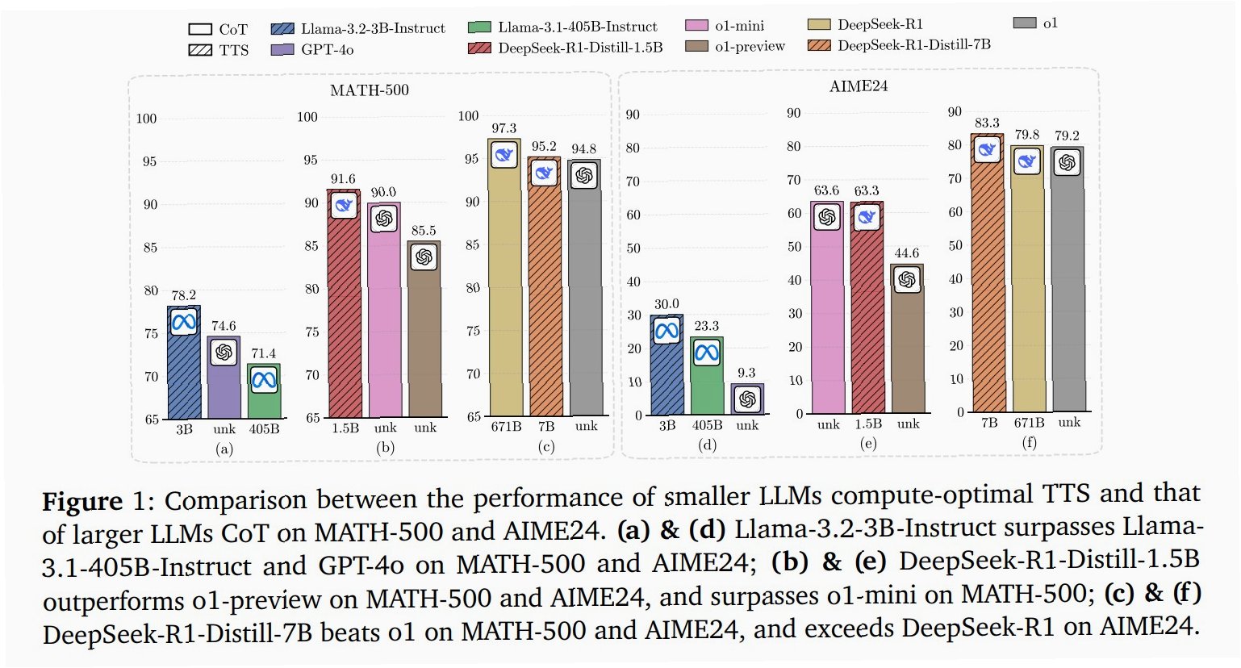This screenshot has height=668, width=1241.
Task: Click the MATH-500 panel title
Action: pos(370,90)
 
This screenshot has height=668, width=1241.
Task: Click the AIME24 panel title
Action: pos(859,86)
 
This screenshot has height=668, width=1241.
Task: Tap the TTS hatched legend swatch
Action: pos(200,50)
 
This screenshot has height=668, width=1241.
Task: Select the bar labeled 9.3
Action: pos(747,400)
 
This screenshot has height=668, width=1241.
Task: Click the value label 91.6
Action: pos(343,179)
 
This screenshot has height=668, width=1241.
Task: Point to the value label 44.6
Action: pos(906,253)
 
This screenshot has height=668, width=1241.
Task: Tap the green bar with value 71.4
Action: pos(264,395)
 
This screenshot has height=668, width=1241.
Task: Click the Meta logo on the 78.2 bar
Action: pos(184,323)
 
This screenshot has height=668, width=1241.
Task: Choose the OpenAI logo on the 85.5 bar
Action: pos(424,257)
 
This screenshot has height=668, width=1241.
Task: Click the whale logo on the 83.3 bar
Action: pos(987,149)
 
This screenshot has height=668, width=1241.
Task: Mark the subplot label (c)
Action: pos(546,447)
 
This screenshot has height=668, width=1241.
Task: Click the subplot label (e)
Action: pos(868,444)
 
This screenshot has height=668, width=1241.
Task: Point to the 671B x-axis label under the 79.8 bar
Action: pos(1029,423)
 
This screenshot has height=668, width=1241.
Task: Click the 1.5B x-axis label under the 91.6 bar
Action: pos(345,428)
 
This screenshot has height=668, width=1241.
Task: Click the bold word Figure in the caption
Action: pos(81,501)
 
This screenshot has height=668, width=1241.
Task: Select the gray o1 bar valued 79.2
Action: pos(1068,290)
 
